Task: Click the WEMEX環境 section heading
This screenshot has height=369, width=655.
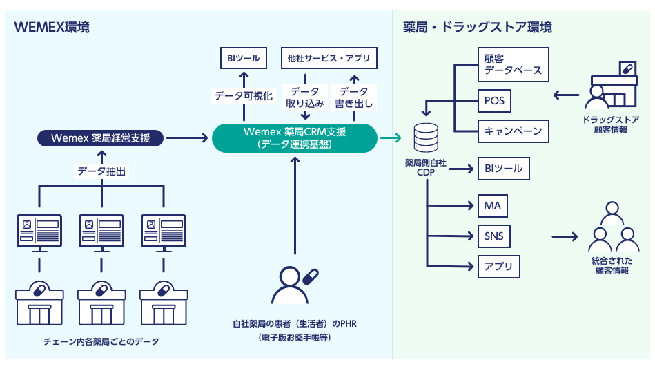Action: (52, 28)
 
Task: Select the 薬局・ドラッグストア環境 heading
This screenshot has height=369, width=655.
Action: (477, 28)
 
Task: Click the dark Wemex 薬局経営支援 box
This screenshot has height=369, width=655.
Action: (101, 138)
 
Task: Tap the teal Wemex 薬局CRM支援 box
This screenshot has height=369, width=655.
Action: (295, 138)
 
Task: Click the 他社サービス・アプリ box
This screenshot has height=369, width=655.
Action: (329, 59)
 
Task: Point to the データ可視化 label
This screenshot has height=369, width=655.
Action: (244, 96)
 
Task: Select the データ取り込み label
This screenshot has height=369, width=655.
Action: (304, 97)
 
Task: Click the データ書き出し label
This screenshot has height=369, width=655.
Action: (353, 97)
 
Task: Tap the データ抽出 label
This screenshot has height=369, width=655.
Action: (101, 171)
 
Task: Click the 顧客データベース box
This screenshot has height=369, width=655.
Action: (513, 65)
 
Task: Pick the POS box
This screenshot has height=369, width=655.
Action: (494, 101)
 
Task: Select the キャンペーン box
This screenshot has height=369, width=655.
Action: (513, 131)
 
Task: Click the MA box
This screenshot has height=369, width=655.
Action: (493, 206)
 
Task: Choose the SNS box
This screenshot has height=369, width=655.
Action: (494, 236)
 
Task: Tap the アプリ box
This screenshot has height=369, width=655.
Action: (494, 267)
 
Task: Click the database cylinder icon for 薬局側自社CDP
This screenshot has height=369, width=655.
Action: (425, 138)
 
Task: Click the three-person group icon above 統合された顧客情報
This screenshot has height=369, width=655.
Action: (611, 228)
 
